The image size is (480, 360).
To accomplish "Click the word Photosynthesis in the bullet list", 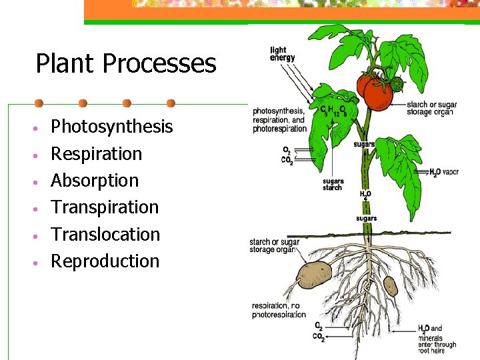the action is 111,127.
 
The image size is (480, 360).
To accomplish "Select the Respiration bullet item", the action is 97,154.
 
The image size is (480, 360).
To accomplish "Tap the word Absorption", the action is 95,181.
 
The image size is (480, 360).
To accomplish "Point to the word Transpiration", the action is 105,207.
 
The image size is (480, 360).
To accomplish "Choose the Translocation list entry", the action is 105,235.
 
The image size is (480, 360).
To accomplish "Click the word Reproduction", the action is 105,261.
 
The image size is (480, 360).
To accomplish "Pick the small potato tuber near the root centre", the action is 391,286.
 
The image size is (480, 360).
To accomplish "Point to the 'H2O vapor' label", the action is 444,172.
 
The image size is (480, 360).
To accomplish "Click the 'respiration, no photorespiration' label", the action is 279,311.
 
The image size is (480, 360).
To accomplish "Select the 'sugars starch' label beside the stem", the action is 333,185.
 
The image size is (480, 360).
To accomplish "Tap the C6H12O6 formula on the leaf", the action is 333,109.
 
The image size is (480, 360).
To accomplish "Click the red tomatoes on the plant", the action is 373,90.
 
